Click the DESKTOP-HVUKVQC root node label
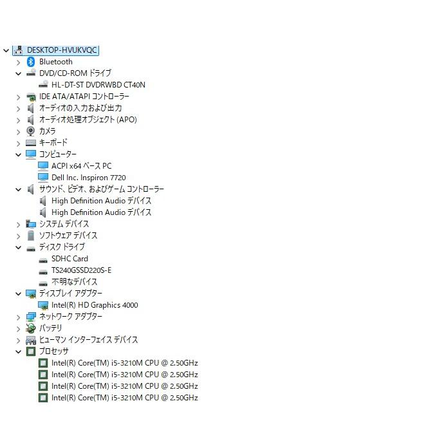pyautogui.click(x=62, y=50)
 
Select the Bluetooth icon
pyautogui.click(x=31, y=62)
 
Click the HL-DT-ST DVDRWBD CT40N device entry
pyautogui.click(x=98, y=85)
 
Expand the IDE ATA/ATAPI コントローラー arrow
pyautogui.click(x=18, y=97)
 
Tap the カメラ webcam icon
pyautogui.click(x=30, y=131)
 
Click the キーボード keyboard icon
pyautogui.click(x=31, y=142)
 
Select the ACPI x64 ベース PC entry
pyautogui.click(x=82, y=166)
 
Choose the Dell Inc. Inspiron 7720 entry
pyautogui.click(x=89, y=178)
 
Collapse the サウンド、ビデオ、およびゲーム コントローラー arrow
pyautogui.click(x=18, y=189)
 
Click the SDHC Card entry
pyautogui.click(x=70, y=259)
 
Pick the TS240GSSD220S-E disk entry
pyautogui.click(x=82, y=270)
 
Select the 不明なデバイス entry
pyautogui.click(x=74, y=282)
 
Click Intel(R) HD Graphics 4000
pyautogui.click(x=95, y=305)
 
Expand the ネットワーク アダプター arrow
pyautogui.click(x=18, y=317)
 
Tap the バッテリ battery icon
pyautogui.click(x=31, y=328)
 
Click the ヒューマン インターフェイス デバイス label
pyautogui.click(x=88, y=340)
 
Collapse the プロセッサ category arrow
pyautogui.click(x=18, y=351)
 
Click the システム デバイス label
pyautogui.click(x=64, y=224)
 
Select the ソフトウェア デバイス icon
pyautogui.click(x=31, y=236)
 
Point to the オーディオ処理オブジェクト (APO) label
pyautogui.click(x=88, y=120)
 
